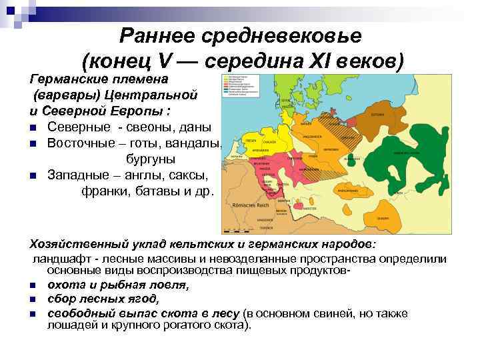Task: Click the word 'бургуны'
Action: tap(151, 159)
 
